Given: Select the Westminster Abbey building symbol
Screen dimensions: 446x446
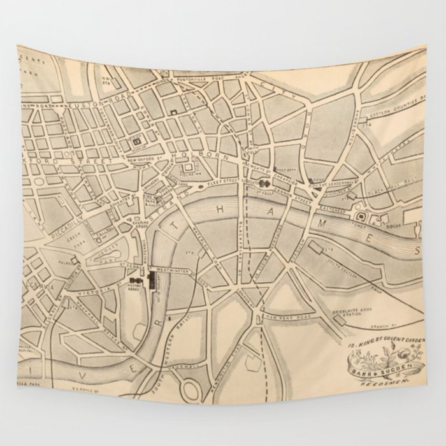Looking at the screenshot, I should click(x=134, y=280).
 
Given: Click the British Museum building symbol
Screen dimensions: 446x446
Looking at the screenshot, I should click(x=136, y=140).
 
